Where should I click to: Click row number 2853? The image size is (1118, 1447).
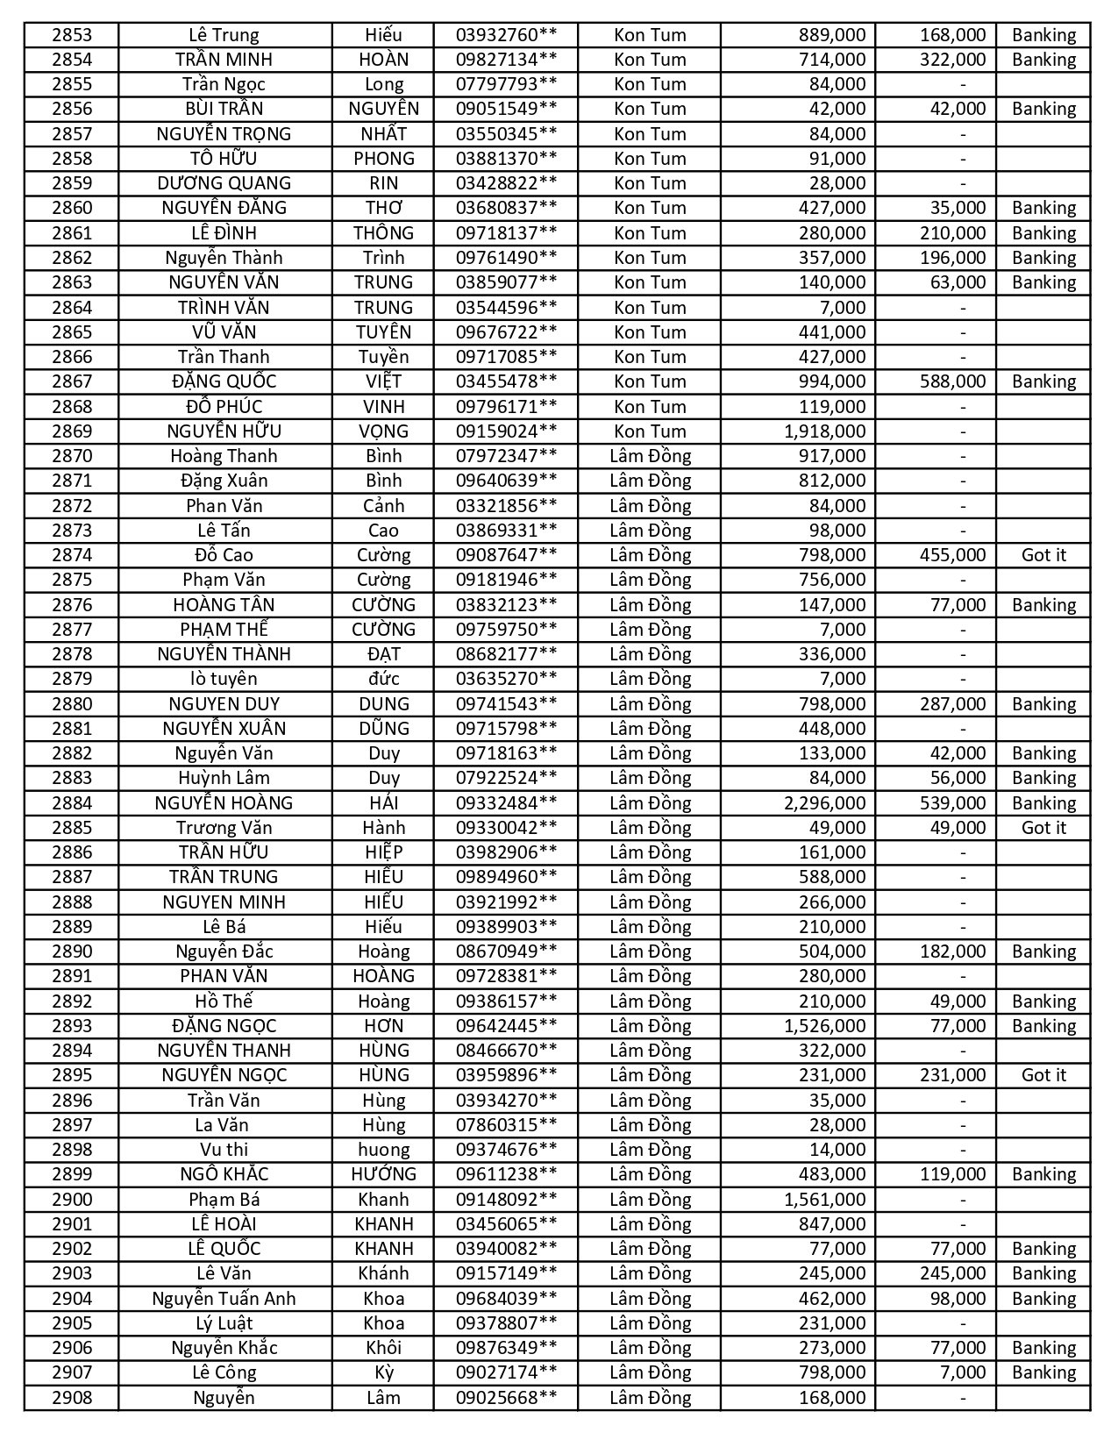[x=71, y=35]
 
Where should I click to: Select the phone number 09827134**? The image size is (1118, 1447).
[x=506, y=60]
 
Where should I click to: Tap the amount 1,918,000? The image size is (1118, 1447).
[x=824, y=431]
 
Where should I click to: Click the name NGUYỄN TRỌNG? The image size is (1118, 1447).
[x=224, y=134]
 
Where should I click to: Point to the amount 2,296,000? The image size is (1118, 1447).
[x=824, y=803]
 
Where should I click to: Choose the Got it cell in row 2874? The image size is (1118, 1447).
[x=1043, y=555]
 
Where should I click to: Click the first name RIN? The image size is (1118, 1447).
[x=383, y=183]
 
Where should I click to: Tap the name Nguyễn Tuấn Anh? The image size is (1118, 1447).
[x=224, y=1299]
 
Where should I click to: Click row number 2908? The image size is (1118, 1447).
[x=71, y=1398]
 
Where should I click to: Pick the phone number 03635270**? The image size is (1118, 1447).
[x=506, y=679]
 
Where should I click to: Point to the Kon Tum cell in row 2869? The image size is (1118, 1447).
[x=650, y=431]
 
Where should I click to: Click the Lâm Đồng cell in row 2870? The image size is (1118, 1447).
[x=650, y=456]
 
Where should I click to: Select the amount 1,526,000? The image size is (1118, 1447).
[x=824, y=1026]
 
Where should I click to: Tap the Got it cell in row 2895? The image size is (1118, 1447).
[x=1043, y=1075]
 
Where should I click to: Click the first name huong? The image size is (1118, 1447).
[x=383, y=1150]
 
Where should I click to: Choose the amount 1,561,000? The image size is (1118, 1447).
[x=824, y=1200]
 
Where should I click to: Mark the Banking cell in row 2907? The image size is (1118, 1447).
[x=1043, y=1372]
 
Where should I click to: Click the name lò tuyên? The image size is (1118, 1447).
[x=224, y=679]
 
